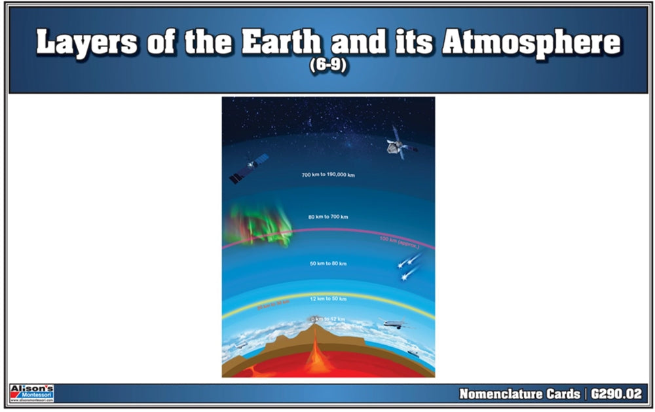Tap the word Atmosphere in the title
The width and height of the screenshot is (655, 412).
point(531,43)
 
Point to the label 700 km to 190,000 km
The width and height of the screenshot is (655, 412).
point(328,176)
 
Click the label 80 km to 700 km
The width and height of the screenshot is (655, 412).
point(328,217)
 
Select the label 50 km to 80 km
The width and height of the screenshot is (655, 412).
point(328,263)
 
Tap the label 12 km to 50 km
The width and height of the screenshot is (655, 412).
point(328,299)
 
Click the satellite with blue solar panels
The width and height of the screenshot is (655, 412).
point(249,168)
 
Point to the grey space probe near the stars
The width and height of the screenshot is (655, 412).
point(398,143)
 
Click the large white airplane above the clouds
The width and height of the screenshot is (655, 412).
point(394,324)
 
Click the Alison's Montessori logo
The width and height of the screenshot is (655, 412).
point(32,393)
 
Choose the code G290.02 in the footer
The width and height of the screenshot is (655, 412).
point(616,394)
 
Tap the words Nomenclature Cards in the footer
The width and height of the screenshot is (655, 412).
point(519,394)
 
